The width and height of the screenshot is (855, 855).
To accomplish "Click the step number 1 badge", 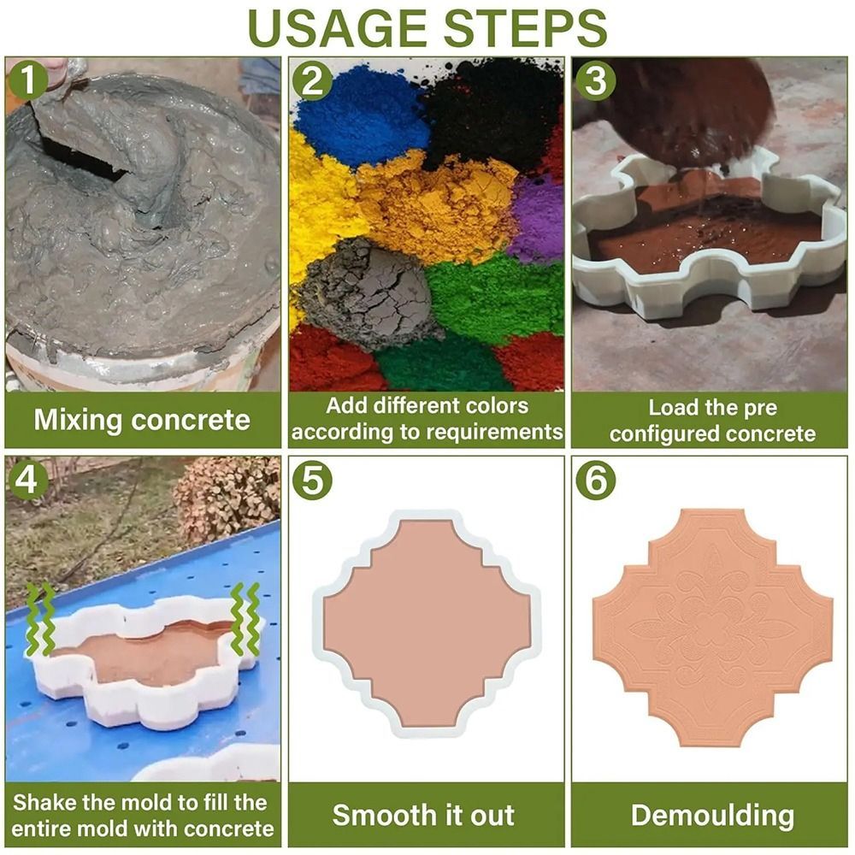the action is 27,80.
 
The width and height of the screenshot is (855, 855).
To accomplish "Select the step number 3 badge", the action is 596,80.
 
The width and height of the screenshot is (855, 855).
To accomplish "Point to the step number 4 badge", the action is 27,480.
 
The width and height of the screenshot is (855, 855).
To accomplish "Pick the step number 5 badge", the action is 312,480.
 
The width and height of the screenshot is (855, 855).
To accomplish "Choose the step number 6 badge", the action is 596,480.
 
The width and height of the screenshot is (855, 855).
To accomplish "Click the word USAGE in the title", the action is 337,28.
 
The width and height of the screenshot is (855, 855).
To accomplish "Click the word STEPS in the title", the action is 525,28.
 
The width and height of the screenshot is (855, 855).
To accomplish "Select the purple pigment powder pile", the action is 537,218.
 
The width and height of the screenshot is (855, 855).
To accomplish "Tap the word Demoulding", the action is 712,815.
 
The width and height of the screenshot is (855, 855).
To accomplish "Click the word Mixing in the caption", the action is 78,421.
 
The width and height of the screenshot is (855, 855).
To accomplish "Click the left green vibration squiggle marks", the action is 40,619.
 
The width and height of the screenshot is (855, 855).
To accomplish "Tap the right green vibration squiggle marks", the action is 245,619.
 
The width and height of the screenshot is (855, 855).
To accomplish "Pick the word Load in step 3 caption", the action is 670,407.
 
